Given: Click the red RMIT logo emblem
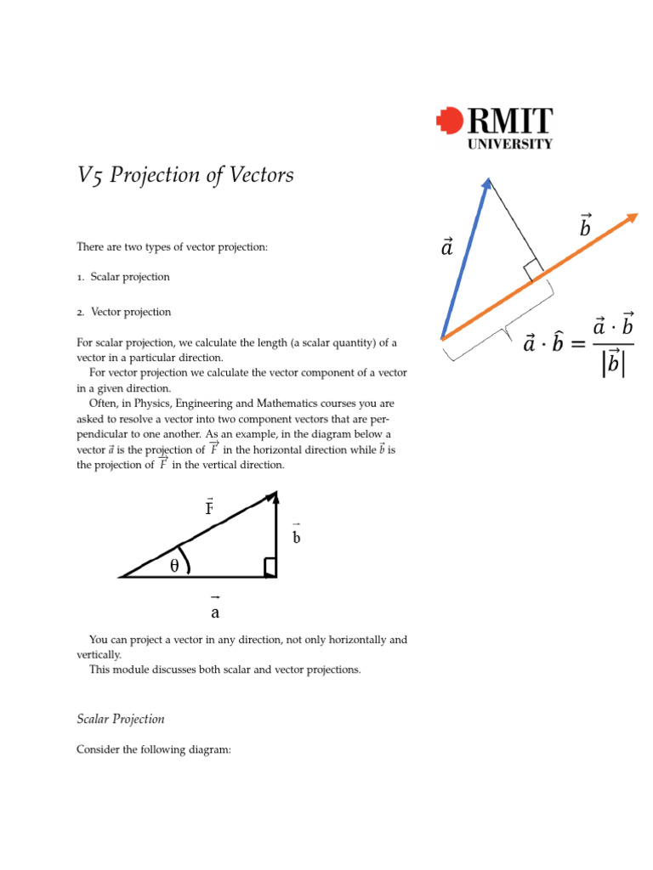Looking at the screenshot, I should pyautogui.click(x=450, y=121).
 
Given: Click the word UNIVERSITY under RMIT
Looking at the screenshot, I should pyautogui.click(x=510, y=144).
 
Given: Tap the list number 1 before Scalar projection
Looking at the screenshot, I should pyautogui.click(x=79, y=277).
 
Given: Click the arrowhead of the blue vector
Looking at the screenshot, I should pyautogui.click(x=487, y=183).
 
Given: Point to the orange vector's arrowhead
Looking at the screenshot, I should pyautogui.click(x=631, y=217).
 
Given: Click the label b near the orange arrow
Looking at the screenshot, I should pyautogui.click(x=585, y=227).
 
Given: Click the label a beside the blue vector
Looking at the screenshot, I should pyautogui.click(x=446, y=247).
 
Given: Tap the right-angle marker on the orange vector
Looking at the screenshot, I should pyautogui.click(x=533, y=270).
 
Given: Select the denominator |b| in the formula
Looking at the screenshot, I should pyautogui.click(x=612, y=363).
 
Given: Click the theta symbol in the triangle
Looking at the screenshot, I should pyautogui.click(x=174, y=566).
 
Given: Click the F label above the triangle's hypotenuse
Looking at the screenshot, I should pyautogui.click(x=209, y=508).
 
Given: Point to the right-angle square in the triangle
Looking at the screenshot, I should pyautogui.click(x=270, y=568).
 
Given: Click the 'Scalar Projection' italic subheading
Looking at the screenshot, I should pyautogui.click(x=121, y=719).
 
